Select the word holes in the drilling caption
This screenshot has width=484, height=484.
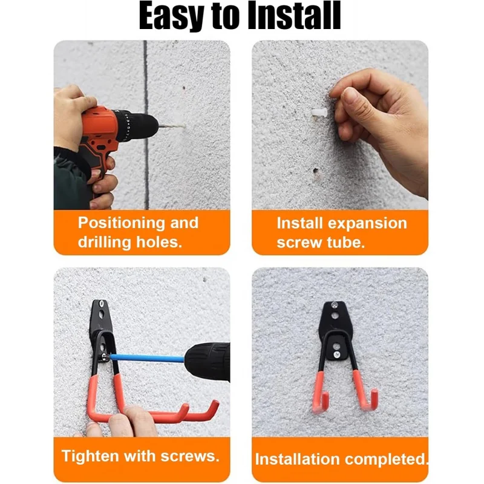[x=159, y=242]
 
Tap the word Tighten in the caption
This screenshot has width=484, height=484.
[x=90, y=457]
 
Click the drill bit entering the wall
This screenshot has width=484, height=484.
[x=171, y=126]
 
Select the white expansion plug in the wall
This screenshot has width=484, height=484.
[x=319, y=112]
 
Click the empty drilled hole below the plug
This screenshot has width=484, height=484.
[x=315, y=171]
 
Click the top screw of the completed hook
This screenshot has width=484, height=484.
[x=335, y=306]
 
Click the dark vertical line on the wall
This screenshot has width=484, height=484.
[x=146, y=125]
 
